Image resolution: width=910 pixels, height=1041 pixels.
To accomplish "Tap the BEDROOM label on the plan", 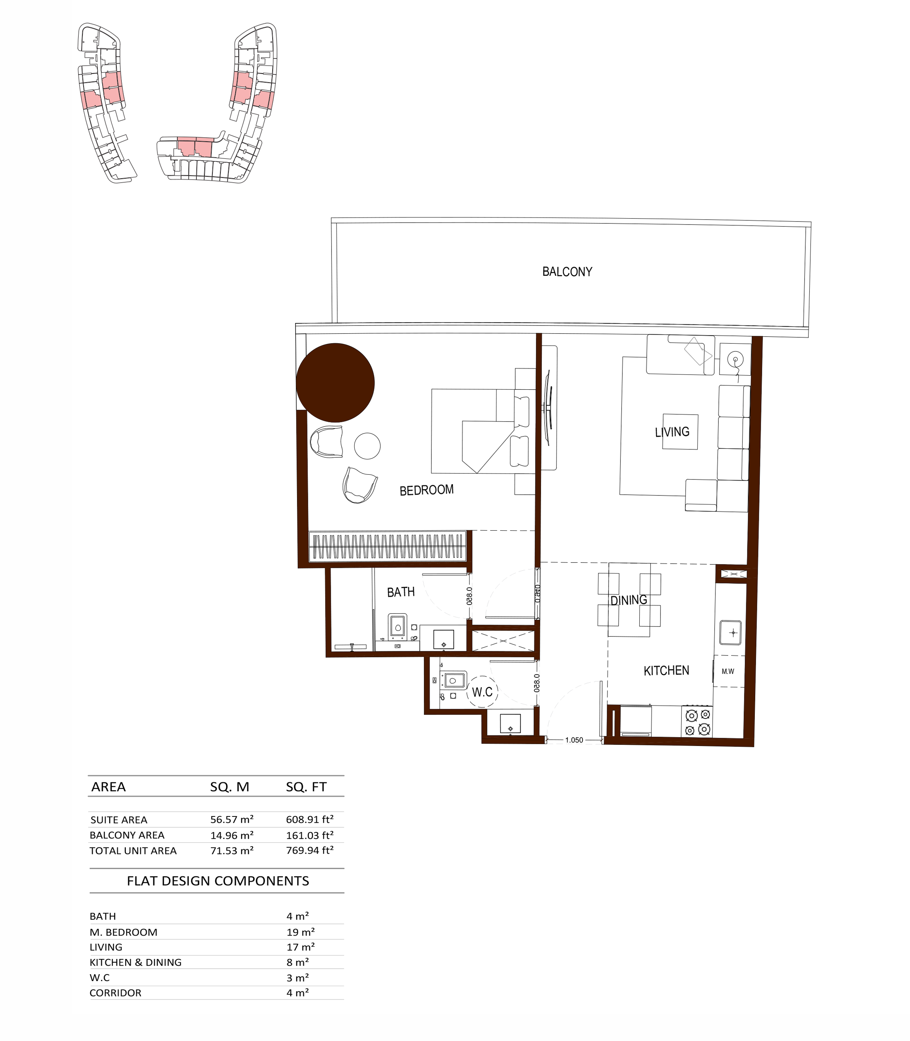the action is click(427, 490).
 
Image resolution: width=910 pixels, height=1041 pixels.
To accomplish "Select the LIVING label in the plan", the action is click(672, 432).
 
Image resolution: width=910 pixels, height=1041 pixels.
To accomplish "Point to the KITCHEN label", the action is click(666, 671).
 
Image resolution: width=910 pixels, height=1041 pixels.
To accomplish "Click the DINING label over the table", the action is click(629, 600).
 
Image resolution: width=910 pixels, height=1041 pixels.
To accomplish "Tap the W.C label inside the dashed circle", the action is click(482, 692).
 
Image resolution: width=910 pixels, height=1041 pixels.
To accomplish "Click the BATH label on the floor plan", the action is click(401, 592).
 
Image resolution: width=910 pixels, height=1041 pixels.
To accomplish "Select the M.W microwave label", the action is click(728, 671).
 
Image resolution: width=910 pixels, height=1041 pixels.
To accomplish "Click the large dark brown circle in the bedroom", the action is click(335, 383).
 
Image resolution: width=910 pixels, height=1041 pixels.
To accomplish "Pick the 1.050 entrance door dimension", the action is click(574, 740).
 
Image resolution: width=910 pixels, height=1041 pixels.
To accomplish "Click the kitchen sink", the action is click(730, 632).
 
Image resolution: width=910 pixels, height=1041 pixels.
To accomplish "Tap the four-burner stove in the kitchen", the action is click(697, 721).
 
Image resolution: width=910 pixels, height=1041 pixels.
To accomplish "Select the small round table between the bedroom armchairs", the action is click(367, 446).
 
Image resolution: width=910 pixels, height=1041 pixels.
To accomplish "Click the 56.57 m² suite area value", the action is click(232, 819).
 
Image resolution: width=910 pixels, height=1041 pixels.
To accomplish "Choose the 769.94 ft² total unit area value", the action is click(310, 850).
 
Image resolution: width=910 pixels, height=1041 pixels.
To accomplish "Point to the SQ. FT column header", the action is click(306, 787).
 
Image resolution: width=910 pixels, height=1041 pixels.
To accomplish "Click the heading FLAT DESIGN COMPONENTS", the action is click(218, 881).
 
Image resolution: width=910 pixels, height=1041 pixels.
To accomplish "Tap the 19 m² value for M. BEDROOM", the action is click(301, 932).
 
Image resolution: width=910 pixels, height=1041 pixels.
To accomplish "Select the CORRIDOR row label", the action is click(115, 993).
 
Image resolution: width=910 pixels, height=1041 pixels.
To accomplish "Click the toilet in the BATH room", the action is click(398, 627).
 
